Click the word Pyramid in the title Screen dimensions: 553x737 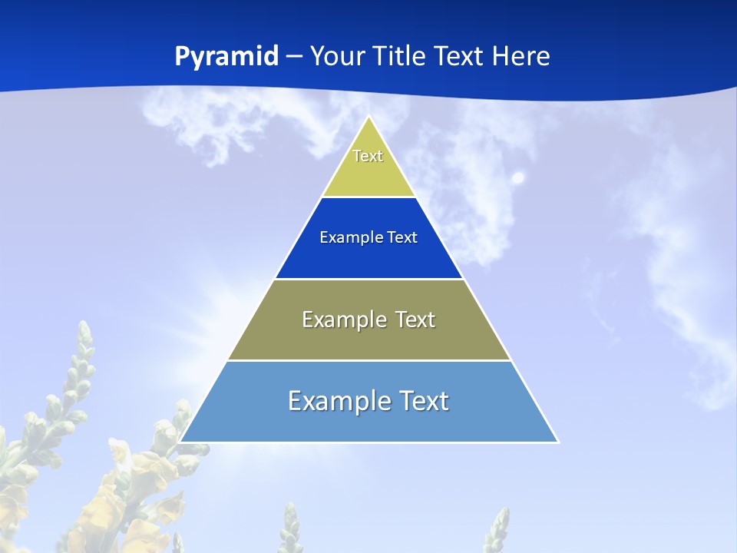click(226, 57)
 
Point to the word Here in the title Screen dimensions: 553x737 click(521, 56)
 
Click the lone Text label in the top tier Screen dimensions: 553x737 click(368, 156)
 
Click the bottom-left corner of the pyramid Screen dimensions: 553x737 click(180, 442)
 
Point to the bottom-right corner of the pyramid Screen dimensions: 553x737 click(558, 442)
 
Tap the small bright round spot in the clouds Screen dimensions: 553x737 click(518, 178)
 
